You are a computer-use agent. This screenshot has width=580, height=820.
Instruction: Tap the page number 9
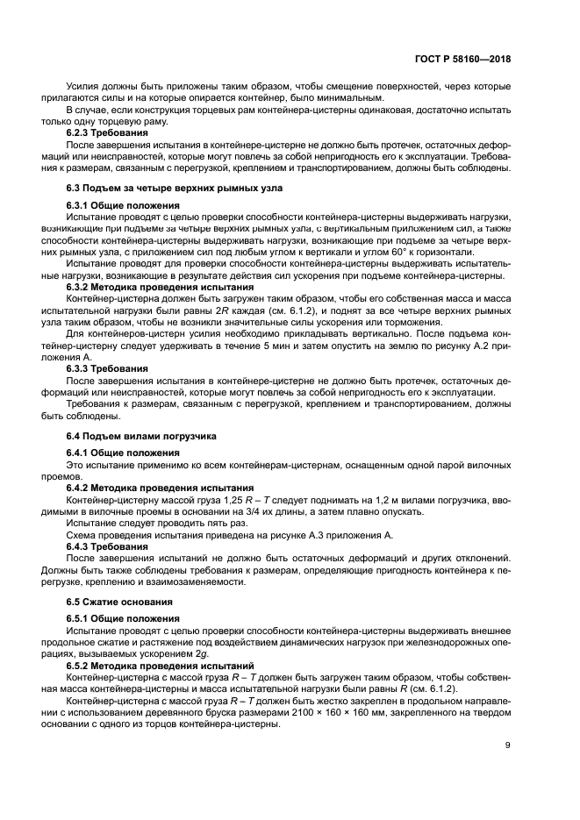[507, 745]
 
